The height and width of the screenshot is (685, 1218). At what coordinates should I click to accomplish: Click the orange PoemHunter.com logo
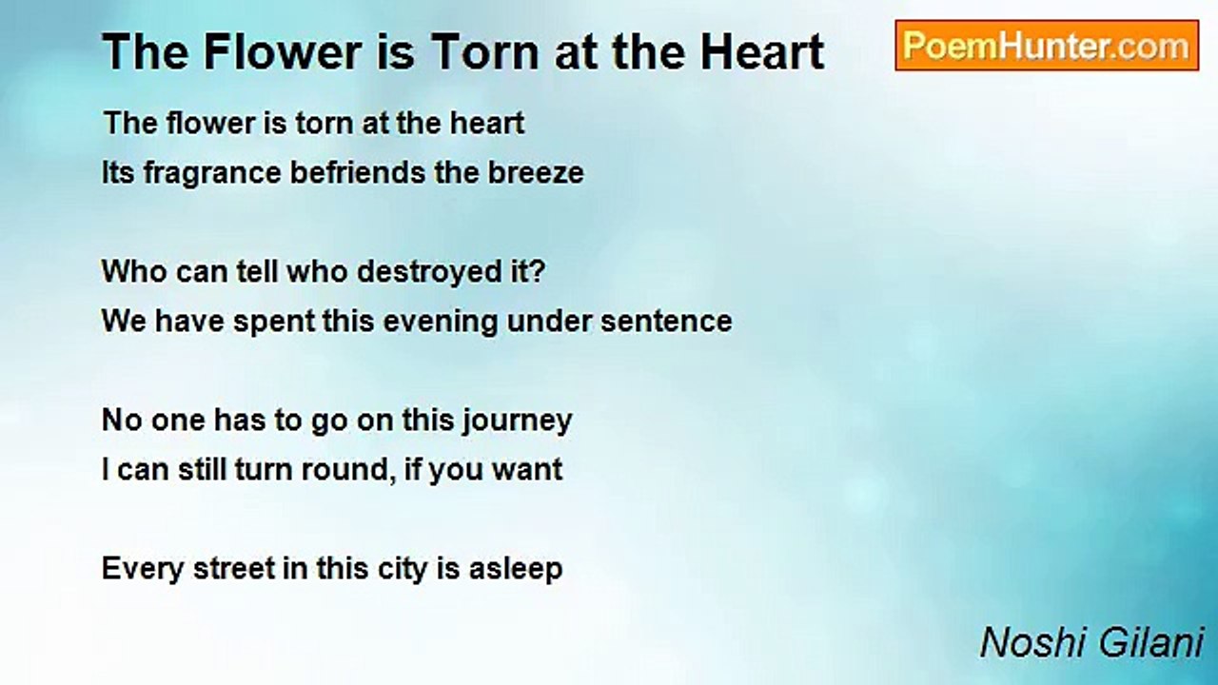[x=1047, y=46]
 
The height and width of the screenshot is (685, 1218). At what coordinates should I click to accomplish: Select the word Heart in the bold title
[x=762, y=52]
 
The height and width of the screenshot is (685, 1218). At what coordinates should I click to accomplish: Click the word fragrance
[x=212, y=174]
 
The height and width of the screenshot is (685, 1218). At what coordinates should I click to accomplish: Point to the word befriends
[x=358, y=173]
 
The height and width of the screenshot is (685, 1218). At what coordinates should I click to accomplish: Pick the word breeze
[x=536, y=173]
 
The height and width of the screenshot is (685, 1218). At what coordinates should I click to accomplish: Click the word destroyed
[x=429, y=272]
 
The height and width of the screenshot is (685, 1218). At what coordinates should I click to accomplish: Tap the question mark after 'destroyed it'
[x=538, y=271]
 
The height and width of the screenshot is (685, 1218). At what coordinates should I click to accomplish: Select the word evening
[x=441, y=323]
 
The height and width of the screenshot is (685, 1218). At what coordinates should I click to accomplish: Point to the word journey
[x=517, y=421]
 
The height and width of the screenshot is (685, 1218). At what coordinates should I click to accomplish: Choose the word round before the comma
[x=348, y=470]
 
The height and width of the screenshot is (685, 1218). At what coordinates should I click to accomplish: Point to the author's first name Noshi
[x=1031, y=643]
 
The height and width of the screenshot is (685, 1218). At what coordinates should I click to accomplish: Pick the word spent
[x=274, y=323]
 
